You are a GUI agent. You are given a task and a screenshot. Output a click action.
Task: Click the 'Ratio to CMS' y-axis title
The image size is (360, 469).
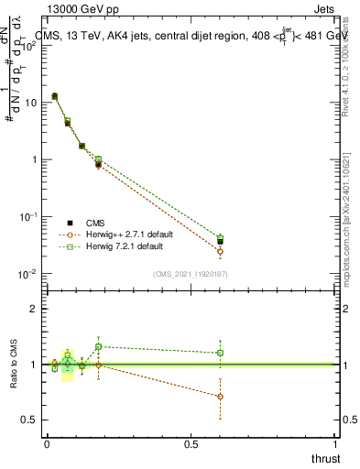pyautogui.click(x=14, y=364)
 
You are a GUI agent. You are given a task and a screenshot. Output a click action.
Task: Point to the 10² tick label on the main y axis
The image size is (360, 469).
pyautogui.click(x=29, y=46)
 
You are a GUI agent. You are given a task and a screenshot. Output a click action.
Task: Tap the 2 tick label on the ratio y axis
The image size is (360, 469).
pyautogui.click(x=34, y=309)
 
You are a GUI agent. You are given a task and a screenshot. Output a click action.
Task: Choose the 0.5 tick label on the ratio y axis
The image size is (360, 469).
pyautogui.click(x=29, y=420)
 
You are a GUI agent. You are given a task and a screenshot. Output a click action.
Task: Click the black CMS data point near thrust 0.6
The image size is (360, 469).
pyautogui.click(x=220, y=242)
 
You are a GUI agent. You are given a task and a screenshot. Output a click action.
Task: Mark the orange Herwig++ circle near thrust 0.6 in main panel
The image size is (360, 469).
pyautogui.click(x=220, y=251)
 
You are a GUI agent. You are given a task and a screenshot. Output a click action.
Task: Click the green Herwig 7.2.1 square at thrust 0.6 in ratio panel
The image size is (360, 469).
pyautogui.click(x=220, y=353)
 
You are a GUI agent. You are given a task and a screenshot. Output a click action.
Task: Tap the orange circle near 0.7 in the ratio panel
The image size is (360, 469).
pyautogui.click(x=220, y=397)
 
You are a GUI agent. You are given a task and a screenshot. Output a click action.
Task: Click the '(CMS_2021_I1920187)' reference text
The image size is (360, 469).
pyautogui.click(x=191, y=275)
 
